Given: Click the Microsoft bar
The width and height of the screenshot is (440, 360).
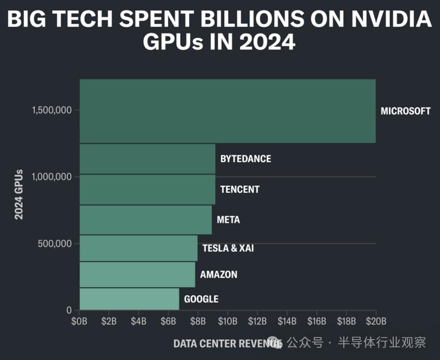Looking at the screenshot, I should (x=227, y=111).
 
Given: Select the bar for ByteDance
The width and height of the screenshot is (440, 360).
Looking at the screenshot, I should (x=148, y=159).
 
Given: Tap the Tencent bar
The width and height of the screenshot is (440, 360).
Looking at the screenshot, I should (x=148, y=189).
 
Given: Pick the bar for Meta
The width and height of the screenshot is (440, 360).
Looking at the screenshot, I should (x=145, y=220).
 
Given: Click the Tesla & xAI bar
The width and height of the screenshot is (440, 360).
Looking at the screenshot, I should (x=138, y=248).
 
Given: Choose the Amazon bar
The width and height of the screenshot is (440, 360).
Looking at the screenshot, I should (x=137, y=275).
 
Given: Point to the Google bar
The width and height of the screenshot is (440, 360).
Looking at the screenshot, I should (x=129, y=299).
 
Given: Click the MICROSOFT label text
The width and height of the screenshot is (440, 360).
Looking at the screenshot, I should (x=405, y=111).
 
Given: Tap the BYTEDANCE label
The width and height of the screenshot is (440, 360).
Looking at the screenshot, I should (x=246, y=159).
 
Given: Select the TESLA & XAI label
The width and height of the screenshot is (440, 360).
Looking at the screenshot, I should (x=228, y=248).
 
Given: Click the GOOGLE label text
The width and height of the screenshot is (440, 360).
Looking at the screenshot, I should (x=201, y=299).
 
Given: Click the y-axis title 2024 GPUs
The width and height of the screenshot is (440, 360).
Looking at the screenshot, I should (x=19, y=195).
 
